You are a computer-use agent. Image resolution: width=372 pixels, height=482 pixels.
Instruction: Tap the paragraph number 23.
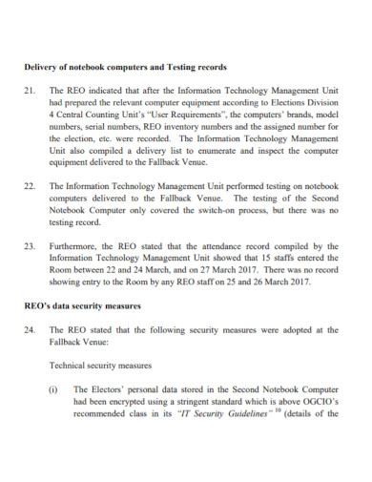click(29, 244)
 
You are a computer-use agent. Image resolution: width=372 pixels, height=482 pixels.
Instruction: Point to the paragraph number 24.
click(29, 329)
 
